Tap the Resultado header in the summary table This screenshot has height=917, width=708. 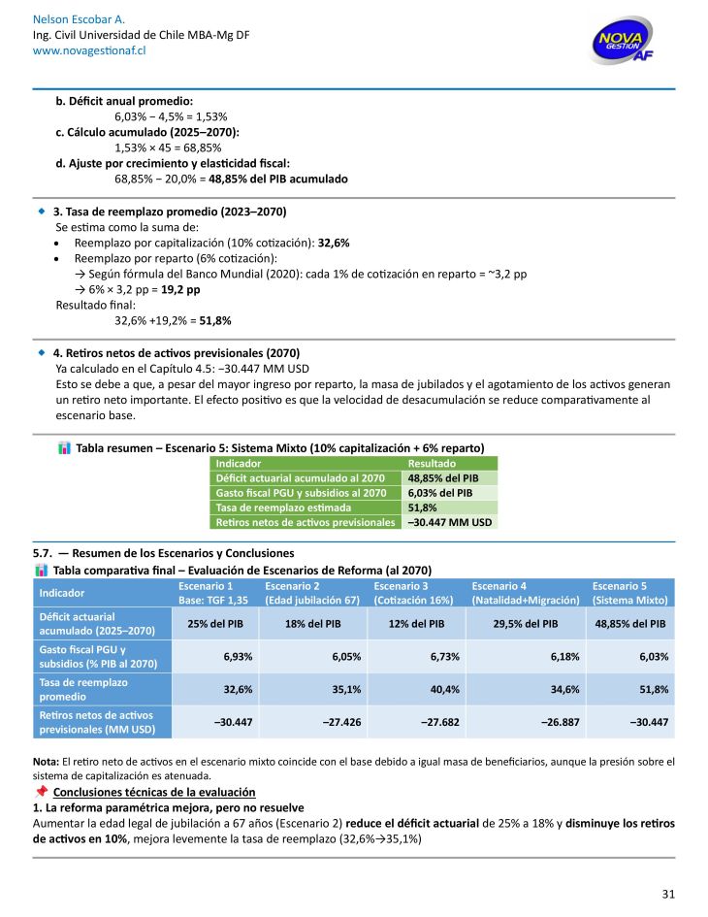point(432,464)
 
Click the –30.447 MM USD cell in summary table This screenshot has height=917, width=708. point(450,522)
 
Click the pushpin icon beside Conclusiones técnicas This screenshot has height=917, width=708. point(41,792)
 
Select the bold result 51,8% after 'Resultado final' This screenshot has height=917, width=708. point(214,319)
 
